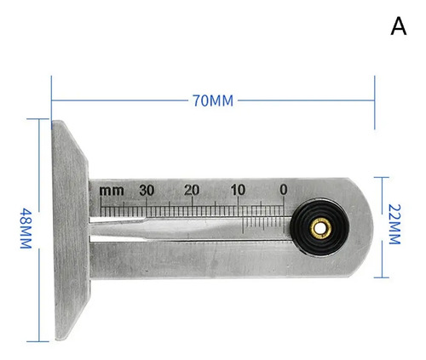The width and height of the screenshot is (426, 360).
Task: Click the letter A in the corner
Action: click(399, 26)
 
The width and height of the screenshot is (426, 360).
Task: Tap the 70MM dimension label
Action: click(213, 100)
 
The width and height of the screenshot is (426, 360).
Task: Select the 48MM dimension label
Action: click(26, 228)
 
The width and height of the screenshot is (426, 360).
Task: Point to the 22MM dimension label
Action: click(394, 224)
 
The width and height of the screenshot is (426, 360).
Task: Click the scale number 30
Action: click(147, 191)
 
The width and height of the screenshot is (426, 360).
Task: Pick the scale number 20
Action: click(192, 190)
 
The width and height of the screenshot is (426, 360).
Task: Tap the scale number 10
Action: click(238, 190)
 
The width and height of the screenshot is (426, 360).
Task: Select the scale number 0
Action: click(284, 190)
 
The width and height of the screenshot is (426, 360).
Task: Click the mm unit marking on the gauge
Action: click(112, 191)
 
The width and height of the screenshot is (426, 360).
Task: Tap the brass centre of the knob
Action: click(320, 228)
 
